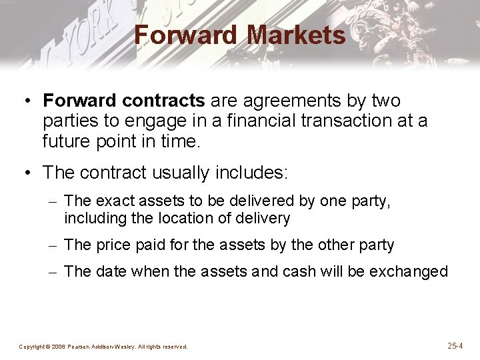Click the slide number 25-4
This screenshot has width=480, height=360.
coord(455,346)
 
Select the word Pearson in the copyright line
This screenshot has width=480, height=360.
coord(79,347)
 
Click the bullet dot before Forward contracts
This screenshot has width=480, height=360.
coord(25,101)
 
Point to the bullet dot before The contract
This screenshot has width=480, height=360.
coord(25,173)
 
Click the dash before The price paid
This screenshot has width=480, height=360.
coord(53,245)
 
